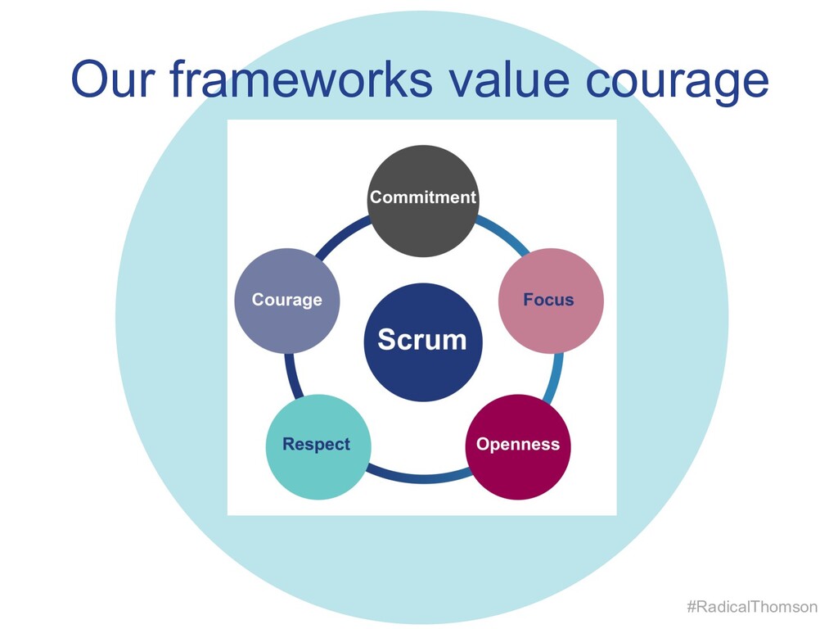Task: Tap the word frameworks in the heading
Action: tap(307, 79)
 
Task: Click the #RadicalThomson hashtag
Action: tap(751, 607)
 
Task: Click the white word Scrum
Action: tap(422, 339)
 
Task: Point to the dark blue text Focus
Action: tap(548, 300)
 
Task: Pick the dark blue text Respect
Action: tap(316, 445)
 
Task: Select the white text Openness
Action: tap(518, 445)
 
